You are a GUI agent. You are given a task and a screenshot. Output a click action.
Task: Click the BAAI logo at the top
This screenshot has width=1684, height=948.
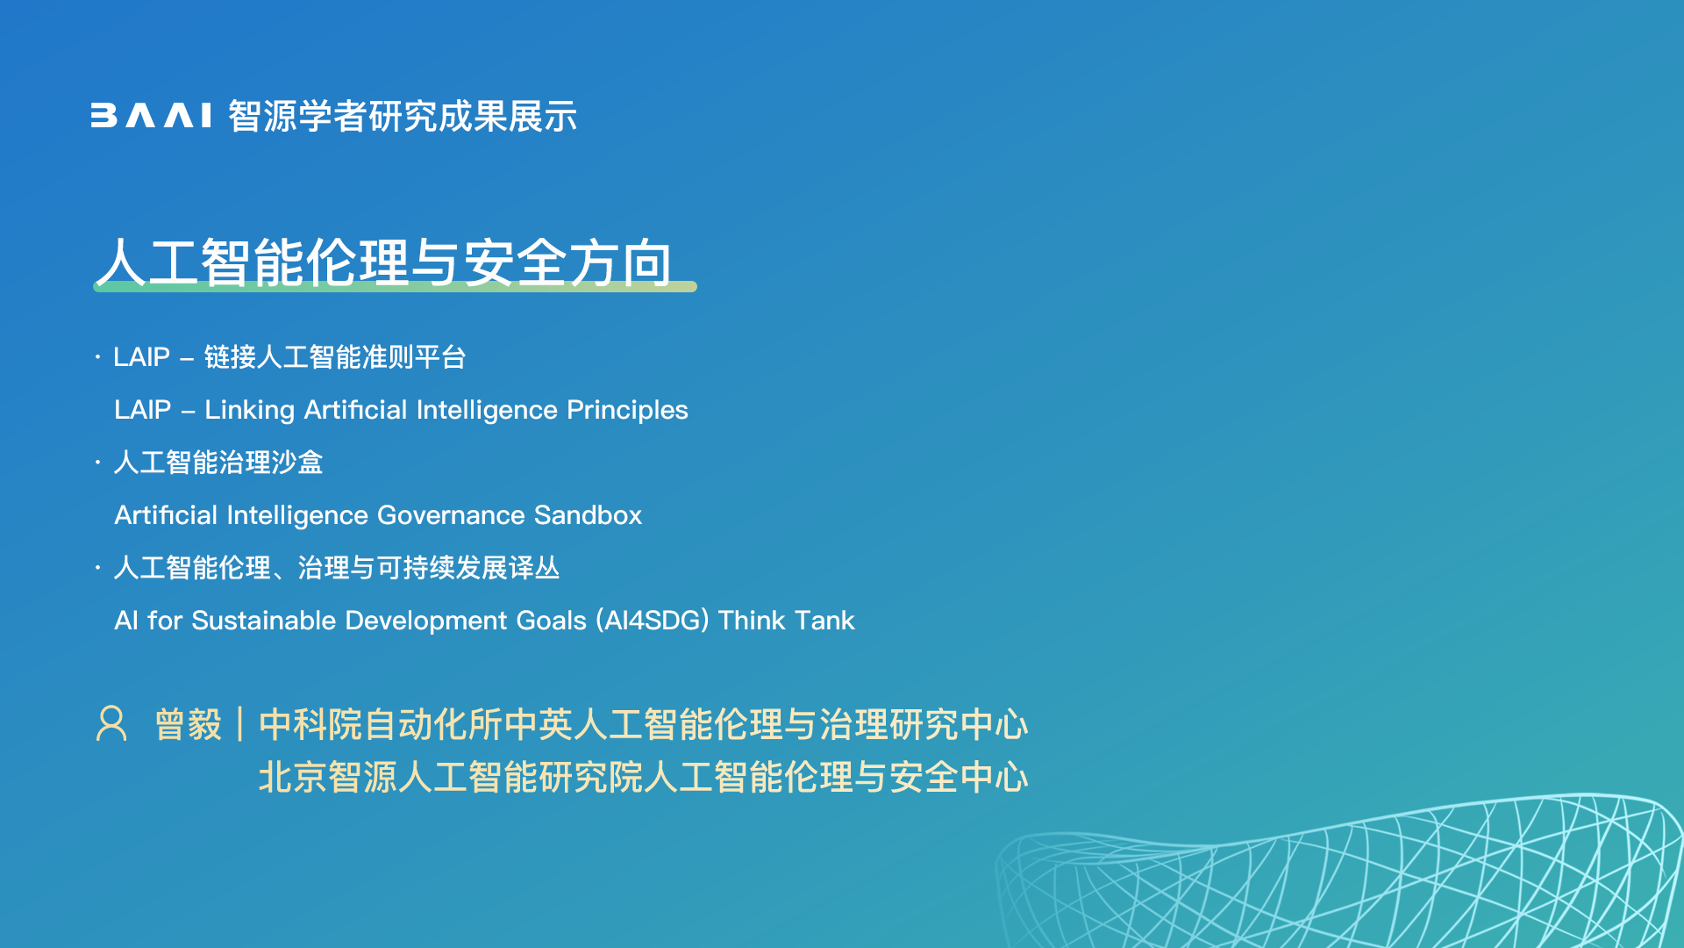[151, 116]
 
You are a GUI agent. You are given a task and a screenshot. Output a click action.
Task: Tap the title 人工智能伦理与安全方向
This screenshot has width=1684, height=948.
[384, 262]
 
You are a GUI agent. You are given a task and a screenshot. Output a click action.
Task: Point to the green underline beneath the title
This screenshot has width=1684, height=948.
[395, 286]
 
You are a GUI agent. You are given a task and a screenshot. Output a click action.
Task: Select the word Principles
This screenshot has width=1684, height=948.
[627, 410]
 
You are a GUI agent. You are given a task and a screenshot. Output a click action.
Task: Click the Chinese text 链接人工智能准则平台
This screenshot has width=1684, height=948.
[335, 357]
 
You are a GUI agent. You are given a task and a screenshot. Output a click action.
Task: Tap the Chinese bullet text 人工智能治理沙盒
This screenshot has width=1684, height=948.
[218, 463]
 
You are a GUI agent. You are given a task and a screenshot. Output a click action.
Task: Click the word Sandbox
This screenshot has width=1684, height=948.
[588, 515]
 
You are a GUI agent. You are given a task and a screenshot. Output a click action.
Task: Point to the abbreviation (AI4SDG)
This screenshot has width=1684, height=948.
[653, 621]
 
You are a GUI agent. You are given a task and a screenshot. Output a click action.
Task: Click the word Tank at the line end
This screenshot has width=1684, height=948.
[824, 621]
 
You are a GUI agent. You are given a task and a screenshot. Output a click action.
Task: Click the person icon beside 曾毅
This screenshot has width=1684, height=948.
[111, 724]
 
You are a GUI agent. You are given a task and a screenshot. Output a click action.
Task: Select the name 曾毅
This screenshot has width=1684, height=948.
[188, 725]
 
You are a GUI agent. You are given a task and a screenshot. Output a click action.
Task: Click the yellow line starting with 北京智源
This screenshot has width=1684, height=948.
[643, 778]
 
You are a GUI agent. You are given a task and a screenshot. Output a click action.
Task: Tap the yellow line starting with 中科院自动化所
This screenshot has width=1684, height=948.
[643, 725]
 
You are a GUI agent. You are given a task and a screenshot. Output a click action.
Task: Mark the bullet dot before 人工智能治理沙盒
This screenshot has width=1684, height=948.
[98, 462]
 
